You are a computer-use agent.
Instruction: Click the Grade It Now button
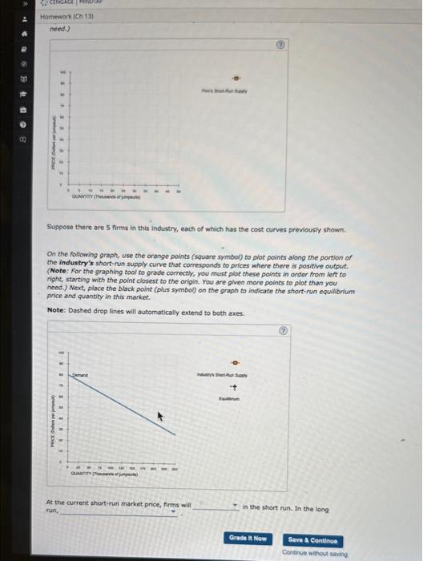click(248, 539)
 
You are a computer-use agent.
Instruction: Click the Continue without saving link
click(313, 552)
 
